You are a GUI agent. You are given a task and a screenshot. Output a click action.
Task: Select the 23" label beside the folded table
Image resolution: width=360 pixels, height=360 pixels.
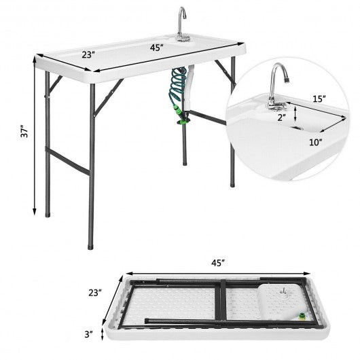click(x=94, y=293)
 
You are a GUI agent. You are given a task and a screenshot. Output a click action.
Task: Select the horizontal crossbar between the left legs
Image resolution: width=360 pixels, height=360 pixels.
click(x=70, y=160)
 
